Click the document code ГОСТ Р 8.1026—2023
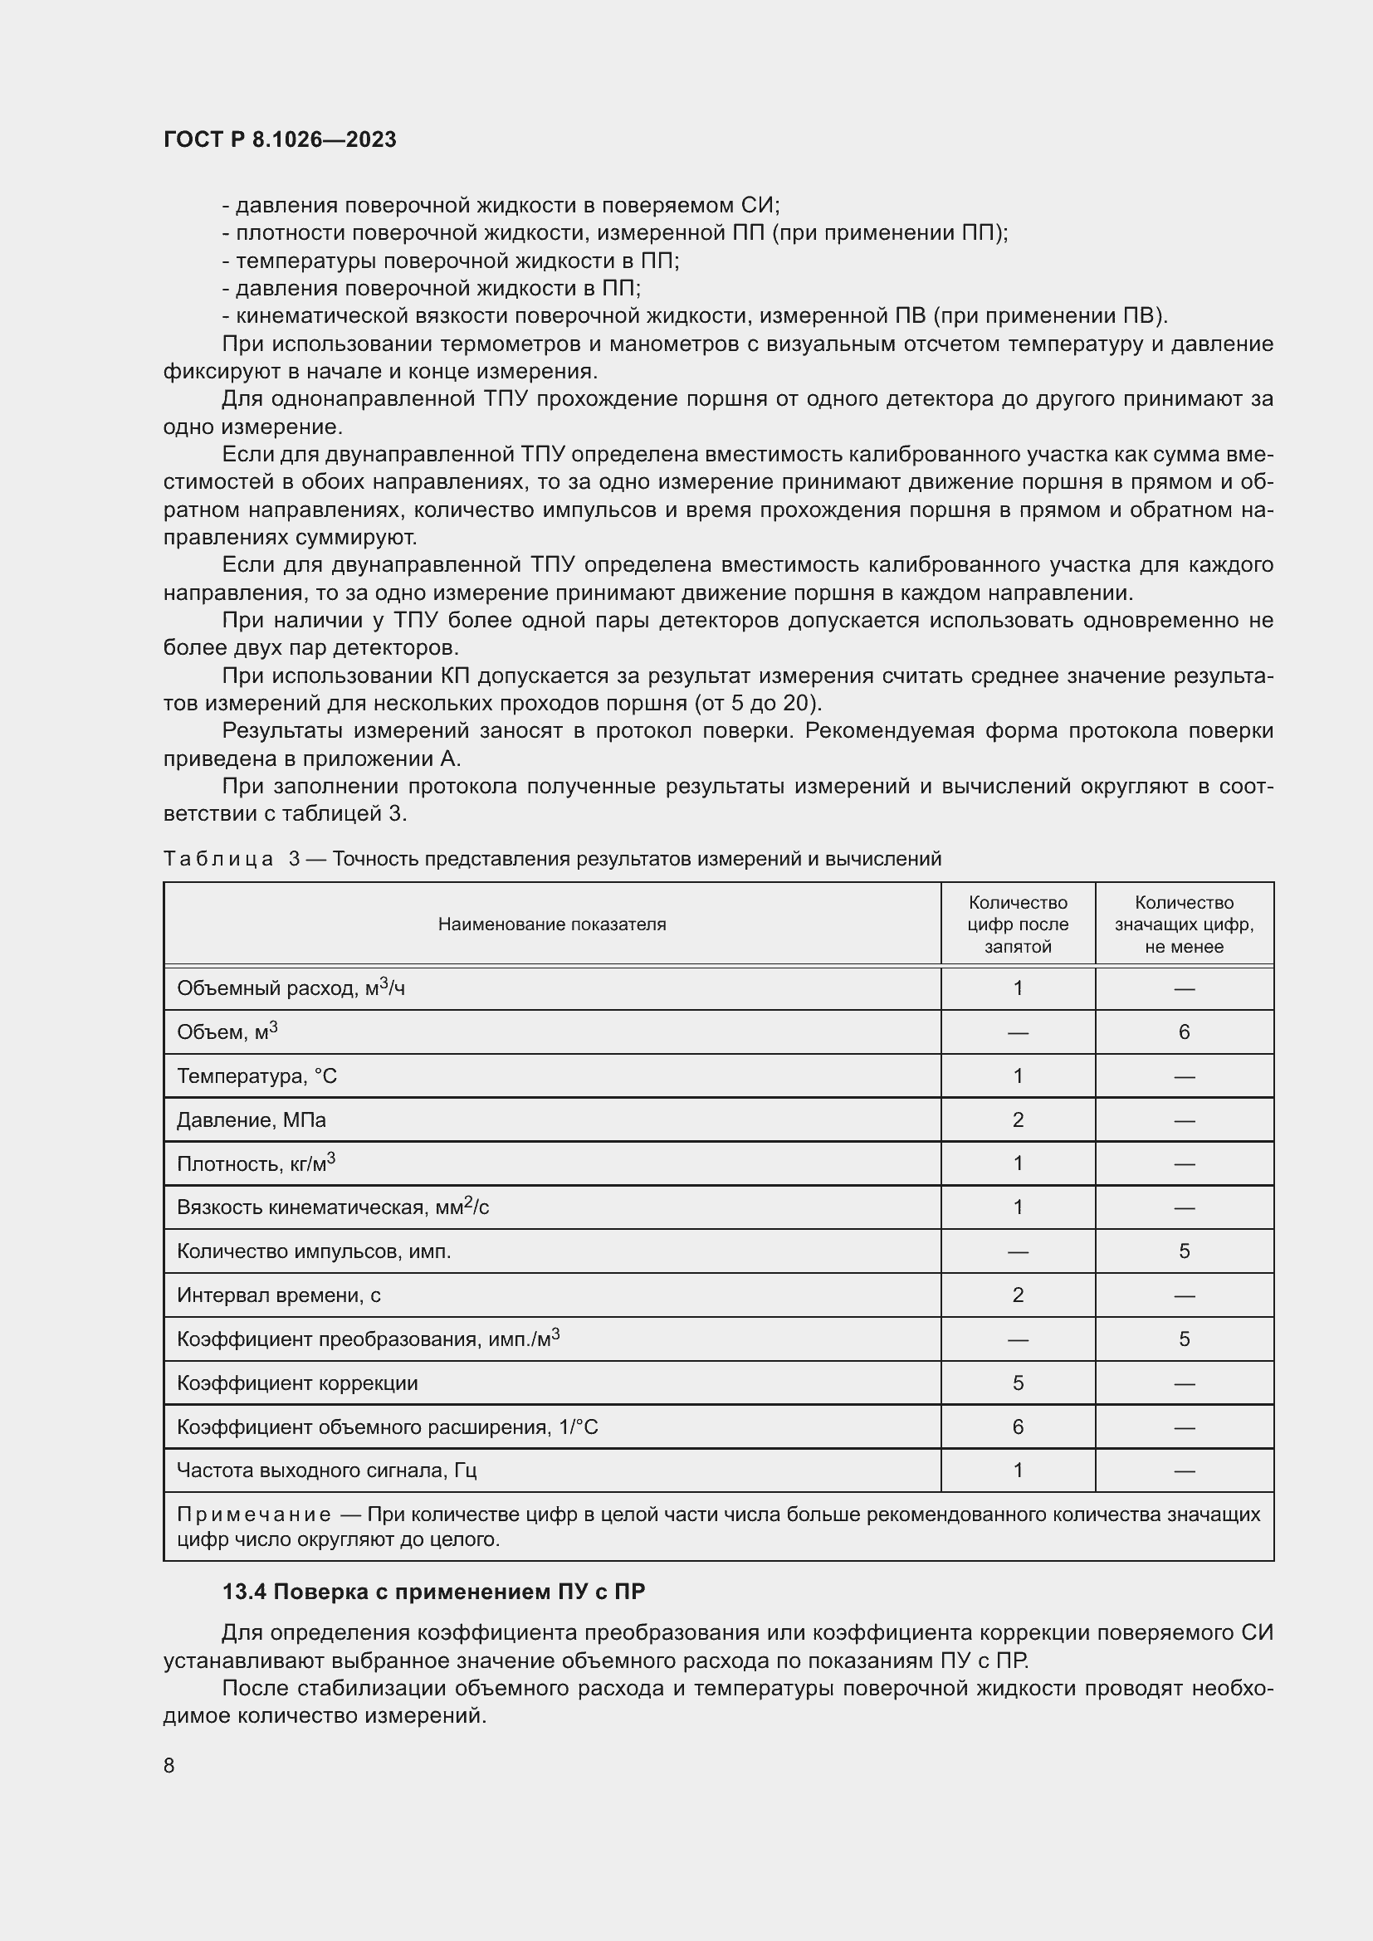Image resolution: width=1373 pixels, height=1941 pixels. pyautogui.click(x=280, y=139)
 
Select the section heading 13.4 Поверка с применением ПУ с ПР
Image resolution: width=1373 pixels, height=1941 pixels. pyautogui.click(x=432, y=1592)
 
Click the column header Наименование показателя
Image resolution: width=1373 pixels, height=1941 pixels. pyautogui.click(x=551, y=924)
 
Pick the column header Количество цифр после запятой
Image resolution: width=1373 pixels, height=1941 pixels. pyautogui.click(x=1017, y=924)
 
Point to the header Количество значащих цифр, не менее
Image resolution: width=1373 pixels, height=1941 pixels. pyautogui.click(x=1184, y=924)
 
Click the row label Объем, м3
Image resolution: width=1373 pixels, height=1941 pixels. pyautogui.click(x=227, y=1032)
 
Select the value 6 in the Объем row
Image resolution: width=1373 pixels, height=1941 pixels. pyautogui.click(x=1184, y=1032)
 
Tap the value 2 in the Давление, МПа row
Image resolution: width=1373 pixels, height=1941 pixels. pyautogui.click(x=1017, y=1120)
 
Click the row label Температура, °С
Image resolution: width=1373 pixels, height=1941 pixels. pyautogui.click(x=257, y=1076)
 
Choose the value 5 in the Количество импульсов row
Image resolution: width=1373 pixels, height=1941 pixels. pyautogui.click(x=1184, y=1251)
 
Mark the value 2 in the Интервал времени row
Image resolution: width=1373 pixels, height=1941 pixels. pyautogui.click(x=1017, y=1295)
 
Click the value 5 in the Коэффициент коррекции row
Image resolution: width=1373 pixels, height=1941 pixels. pyautogui.click(x=1017, y=1383)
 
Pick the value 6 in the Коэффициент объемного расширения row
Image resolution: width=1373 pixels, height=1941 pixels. pyautogui.click(x=1017, y=1427)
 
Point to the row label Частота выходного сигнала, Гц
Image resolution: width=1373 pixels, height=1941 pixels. pyautogui.click(x=326, y=1470)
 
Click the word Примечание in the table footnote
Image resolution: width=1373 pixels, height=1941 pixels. pyautogui.click(x=254, y=1514)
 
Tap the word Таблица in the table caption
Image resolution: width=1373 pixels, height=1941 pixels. pyautogui.click(x=218, y=859)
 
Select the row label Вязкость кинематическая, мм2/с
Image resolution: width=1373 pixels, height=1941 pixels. pyautogui.click(x=332, y=1207)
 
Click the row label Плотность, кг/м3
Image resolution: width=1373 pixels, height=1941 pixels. pyautogui.click(x=256, y=1164)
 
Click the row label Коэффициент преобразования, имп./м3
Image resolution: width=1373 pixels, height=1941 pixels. pyautogui.click(x=368, y=1339)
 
